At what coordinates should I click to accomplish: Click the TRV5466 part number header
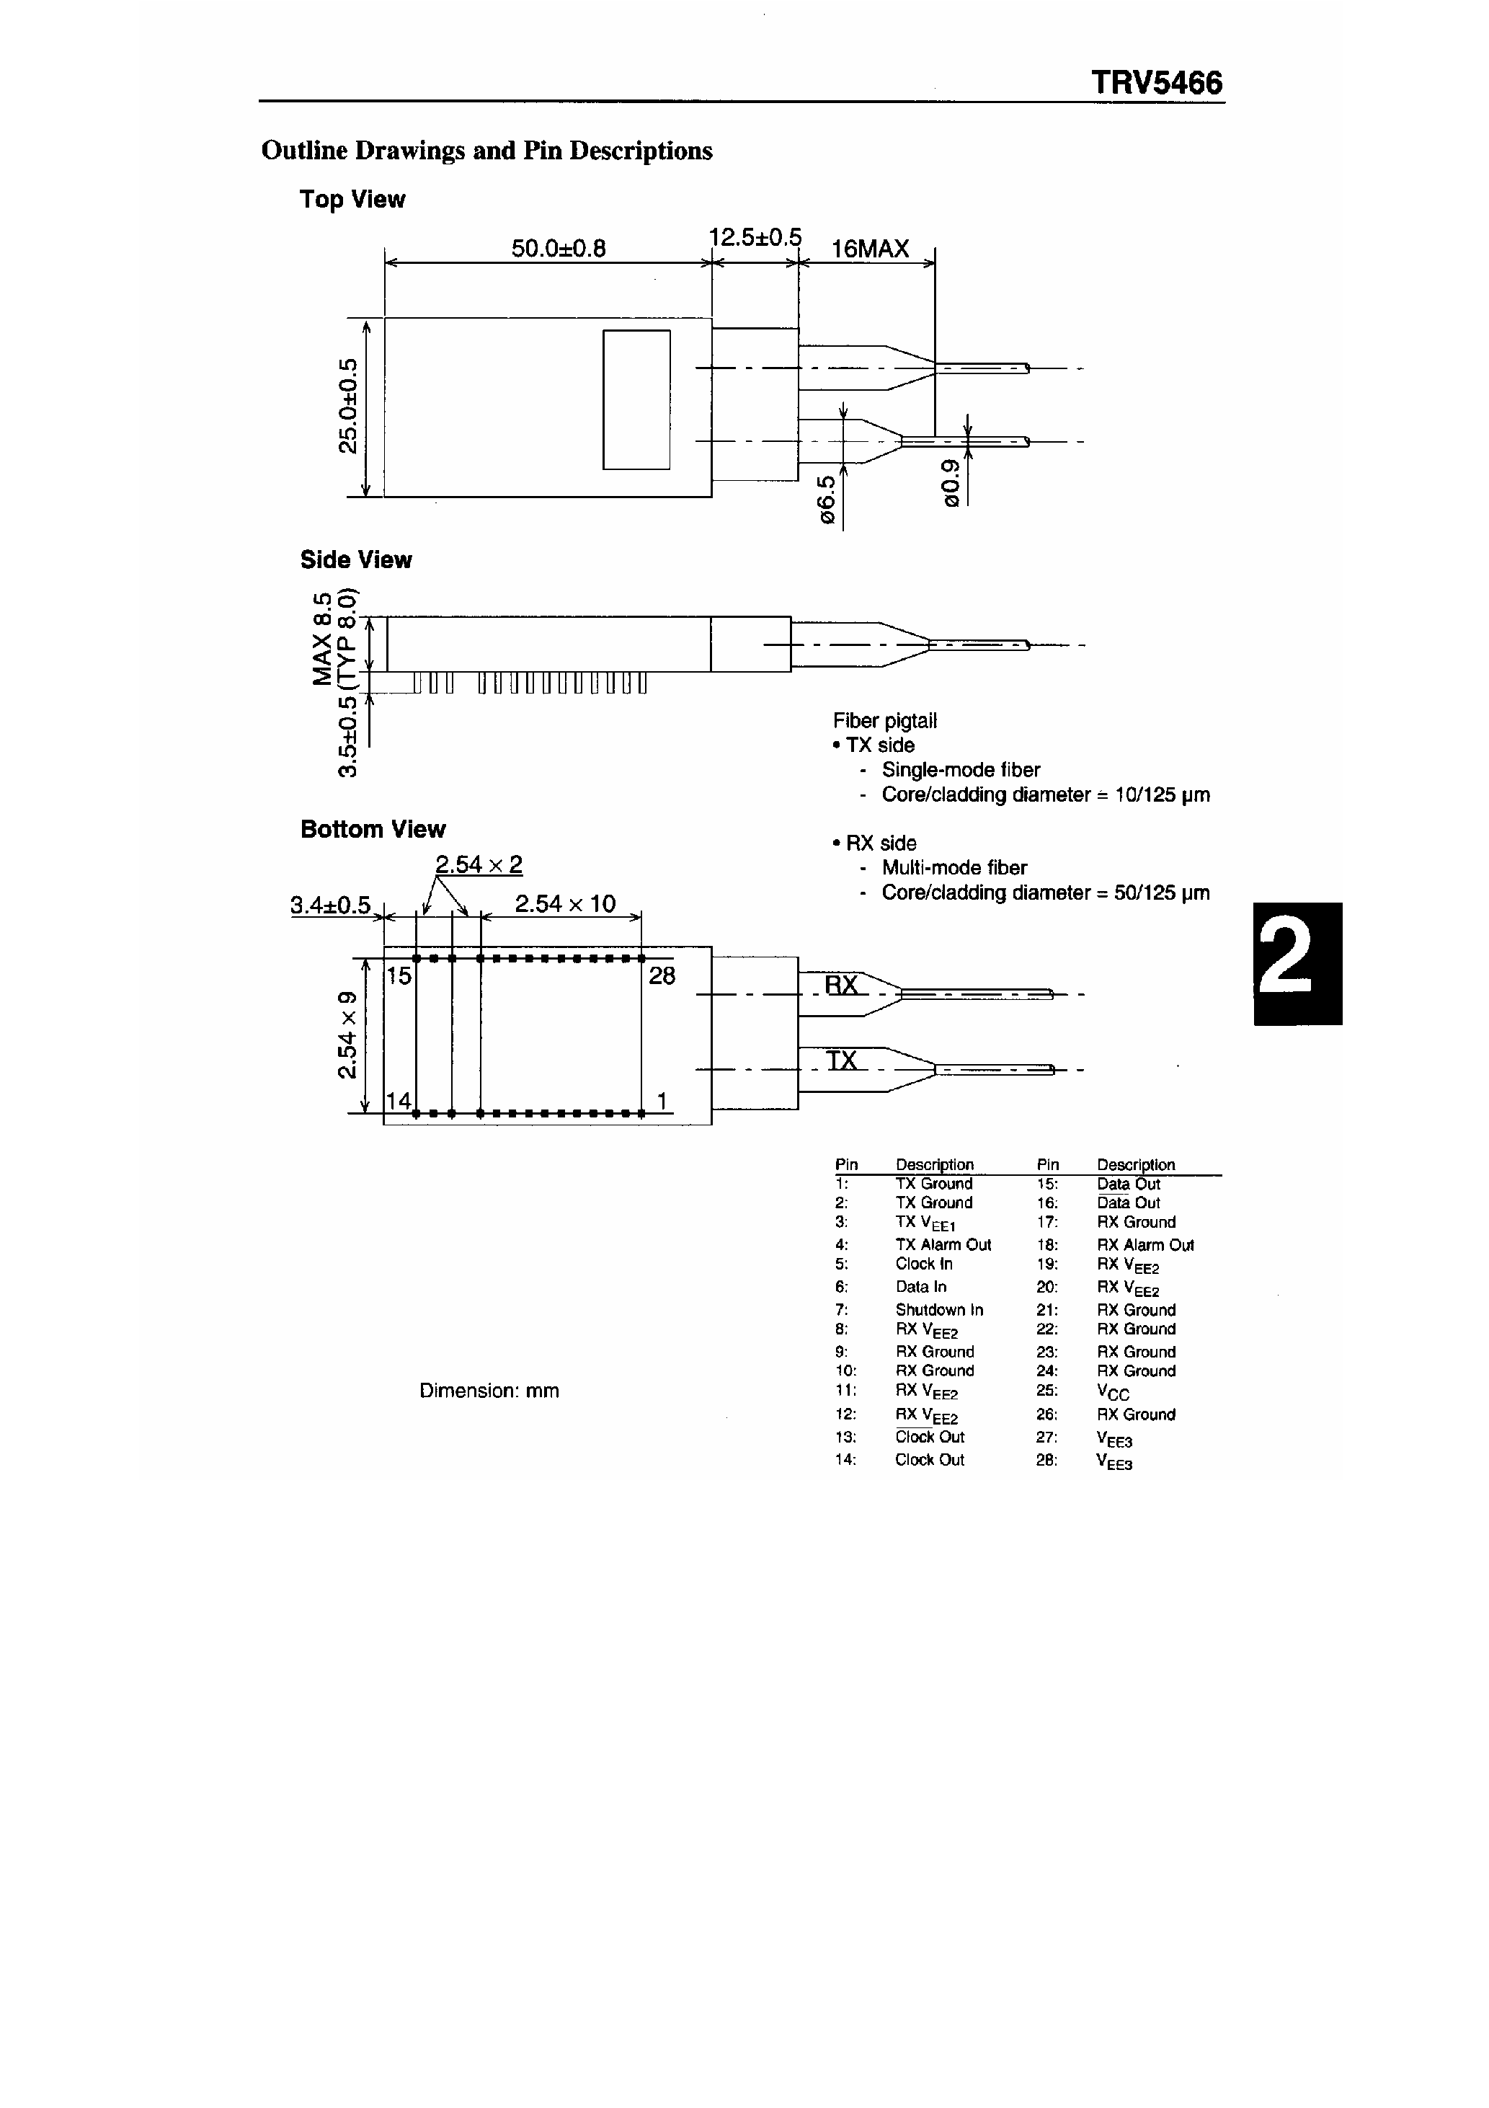coord(1156,84)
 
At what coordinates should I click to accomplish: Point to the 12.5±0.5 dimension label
coord(755,238)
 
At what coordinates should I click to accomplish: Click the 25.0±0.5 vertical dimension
coord(348,406)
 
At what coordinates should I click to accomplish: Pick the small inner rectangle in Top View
coord(636,399)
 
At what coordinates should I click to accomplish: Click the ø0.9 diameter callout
coord(951,482)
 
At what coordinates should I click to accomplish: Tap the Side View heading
coord(355,560)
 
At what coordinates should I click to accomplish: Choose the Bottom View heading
coord(373,829)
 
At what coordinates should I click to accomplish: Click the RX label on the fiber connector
coord(841,985)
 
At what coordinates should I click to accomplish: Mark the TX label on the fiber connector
coord(841,1060)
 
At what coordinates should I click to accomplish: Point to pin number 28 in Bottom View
coord(662,976)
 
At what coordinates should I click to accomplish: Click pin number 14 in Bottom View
coord(399,1100)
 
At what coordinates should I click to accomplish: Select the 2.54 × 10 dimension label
coord(564,903)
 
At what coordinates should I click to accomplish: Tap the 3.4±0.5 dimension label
coord(331,905)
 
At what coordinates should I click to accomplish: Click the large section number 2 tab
coord(1297,963)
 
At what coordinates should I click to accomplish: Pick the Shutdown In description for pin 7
coord(938,1310)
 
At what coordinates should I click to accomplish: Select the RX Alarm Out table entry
coord(1144,1245)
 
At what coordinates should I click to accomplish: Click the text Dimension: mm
coord(489,1391)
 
